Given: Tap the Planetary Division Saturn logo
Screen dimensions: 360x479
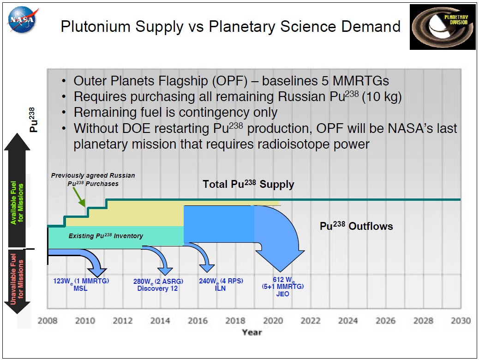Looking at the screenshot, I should (x=442, y=26).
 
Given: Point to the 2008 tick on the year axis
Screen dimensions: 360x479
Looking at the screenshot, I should (x=47, y=321).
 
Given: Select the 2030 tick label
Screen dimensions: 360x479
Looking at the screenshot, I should (x=461, y=321).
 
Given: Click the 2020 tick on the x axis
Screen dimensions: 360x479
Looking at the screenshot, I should (x=273, y=321).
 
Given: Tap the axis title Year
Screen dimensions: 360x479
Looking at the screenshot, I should (x=252, y=332).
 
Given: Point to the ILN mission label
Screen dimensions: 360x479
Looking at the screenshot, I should (x=221, y=288).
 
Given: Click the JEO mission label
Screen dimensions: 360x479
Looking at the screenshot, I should (x=282, y=294).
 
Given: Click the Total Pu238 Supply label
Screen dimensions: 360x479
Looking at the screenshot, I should (x=248, y=185).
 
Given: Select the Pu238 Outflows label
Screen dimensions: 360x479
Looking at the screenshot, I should (x=356, y=226).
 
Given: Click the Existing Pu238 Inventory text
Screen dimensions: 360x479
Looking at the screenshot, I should (x=106, y=236).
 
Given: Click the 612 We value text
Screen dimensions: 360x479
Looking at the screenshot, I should (x=282, y=280).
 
